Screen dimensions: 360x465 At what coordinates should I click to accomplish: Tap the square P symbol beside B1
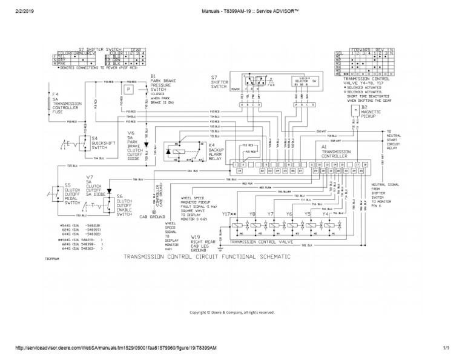(x=128, y=89)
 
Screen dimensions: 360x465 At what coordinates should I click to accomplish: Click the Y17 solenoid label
(x=228, y=214)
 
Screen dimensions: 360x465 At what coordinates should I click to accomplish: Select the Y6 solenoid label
(x=289, y=214)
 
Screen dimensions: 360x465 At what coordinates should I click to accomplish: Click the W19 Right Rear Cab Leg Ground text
(x=203, y=241)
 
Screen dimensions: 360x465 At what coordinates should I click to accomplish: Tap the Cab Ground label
(x=152, y=216)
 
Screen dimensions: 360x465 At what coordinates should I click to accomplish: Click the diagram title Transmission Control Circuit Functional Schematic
(x=206, y=256)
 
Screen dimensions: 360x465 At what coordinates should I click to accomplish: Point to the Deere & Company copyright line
(x=232, y=312)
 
